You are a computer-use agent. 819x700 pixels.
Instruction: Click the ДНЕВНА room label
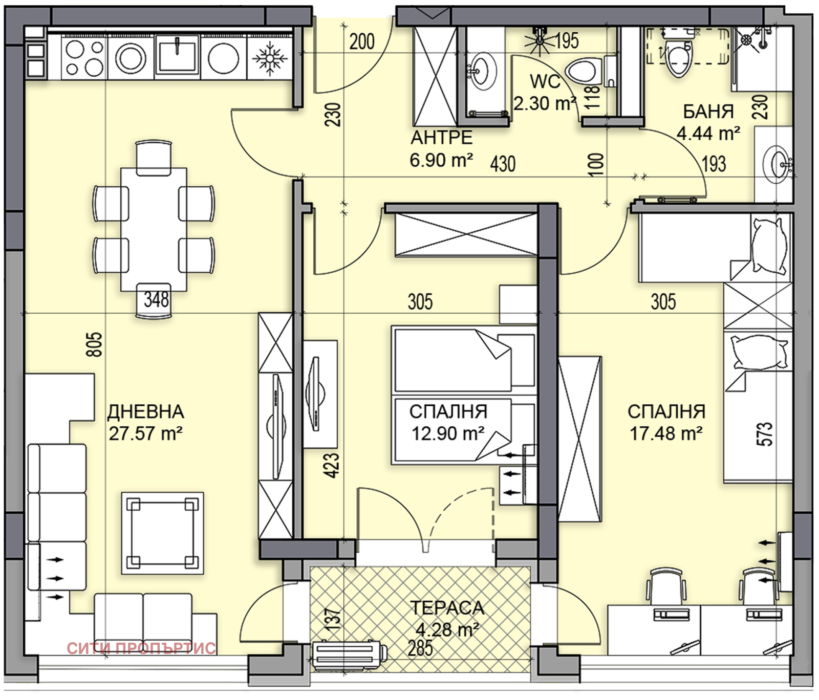(146, 412)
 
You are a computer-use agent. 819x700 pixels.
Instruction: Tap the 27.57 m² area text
(146, 434)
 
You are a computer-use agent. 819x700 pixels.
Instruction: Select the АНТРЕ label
(441, 138)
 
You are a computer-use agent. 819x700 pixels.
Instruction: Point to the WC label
(545, 81)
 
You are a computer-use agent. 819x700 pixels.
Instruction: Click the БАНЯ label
(708, 111)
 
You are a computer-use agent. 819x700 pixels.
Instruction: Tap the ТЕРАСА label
(447, 608)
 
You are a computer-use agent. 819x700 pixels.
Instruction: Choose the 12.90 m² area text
(448, 434)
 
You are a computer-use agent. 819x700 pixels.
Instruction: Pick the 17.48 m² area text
(666, 434)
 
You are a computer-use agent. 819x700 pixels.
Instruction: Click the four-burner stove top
(84, 56)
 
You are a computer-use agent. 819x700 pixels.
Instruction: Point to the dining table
(154, 229)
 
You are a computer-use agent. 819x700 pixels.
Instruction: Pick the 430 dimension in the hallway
(503, 164)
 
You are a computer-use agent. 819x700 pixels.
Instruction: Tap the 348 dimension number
(156, 299)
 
